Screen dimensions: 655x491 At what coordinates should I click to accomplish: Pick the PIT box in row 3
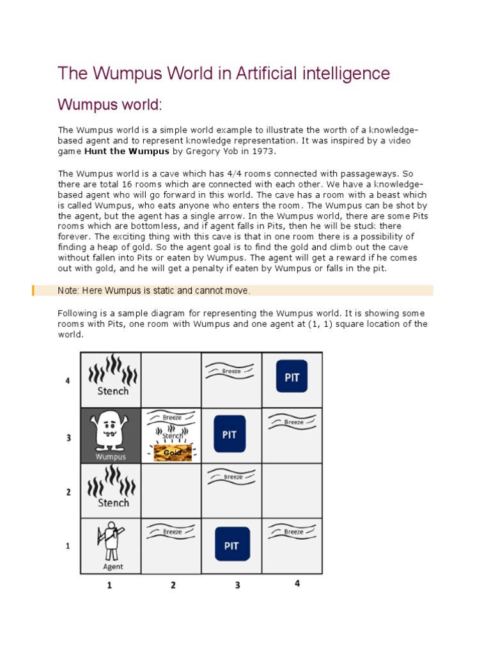click(230, 434)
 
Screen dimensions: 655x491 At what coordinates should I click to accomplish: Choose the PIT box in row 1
click(231, 545)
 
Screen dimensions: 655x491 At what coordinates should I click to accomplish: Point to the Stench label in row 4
click(113, 391)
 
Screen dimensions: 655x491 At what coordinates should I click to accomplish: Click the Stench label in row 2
click(113, 502)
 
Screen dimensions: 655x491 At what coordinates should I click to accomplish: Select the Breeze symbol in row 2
click(231, 477)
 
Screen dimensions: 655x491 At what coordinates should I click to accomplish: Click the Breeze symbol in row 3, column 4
click(293, 422)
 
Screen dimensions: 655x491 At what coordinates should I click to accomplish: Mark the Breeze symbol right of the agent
click(171, 532)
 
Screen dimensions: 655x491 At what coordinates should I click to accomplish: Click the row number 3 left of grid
click(68, 438)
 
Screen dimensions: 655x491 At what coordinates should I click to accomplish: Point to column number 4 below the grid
click(296, 583)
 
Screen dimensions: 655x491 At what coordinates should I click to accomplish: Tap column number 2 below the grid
click(173, 585)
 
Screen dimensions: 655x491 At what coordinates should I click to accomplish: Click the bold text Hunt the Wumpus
click(127, 151)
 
